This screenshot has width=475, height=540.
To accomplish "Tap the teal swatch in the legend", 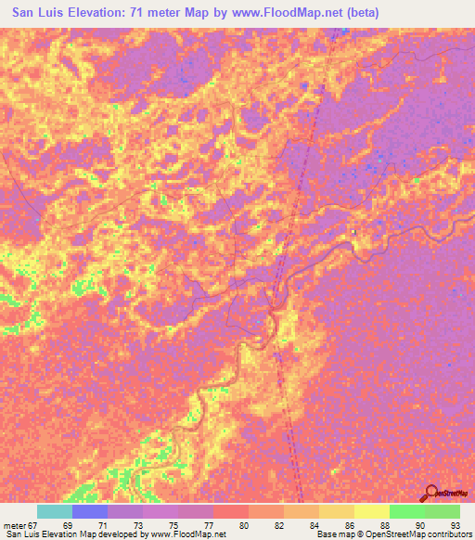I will click(55, 511).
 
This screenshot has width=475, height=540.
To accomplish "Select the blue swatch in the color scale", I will click(90, 511).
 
